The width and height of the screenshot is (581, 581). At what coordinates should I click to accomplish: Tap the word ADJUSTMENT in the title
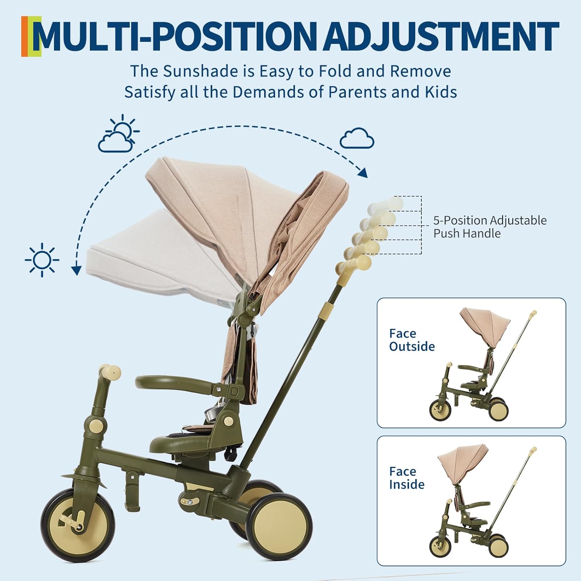tap(442, 37)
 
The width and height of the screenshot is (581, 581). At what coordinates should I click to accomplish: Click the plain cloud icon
tap(357, 138)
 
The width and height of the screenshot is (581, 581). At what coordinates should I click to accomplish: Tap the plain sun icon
tap(42, 260)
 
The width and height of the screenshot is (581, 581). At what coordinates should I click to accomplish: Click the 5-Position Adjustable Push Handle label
tap(490, 227)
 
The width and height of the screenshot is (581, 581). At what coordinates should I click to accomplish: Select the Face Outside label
tap(412, 340)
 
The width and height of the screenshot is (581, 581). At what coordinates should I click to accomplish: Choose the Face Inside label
tap(407, 478)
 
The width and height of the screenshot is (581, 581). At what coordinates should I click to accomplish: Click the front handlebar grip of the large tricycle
tap(110, 371)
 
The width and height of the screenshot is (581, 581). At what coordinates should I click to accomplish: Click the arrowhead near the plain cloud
tap(363, 173)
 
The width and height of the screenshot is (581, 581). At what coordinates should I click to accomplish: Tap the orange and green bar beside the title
tap(31, 36)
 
